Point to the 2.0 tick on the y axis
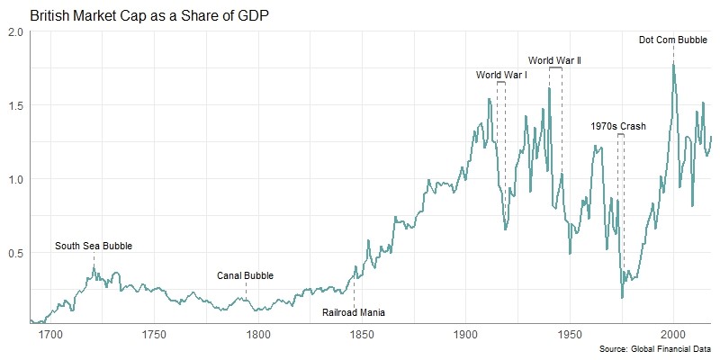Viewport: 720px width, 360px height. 16,31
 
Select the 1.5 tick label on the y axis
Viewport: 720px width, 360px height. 16,105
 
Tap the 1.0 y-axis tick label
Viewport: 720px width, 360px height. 16,179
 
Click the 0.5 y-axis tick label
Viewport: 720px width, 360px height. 16,253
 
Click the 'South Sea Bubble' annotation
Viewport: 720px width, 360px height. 93,246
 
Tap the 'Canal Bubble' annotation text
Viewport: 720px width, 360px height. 245,276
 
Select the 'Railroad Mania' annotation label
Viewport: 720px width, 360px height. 354,313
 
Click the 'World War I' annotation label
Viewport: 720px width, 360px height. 501,75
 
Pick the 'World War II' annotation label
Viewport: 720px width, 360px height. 554,60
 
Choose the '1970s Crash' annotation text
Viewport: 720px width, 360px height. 618,127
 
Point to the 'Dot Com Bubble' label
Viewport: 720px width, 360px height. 673,40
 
